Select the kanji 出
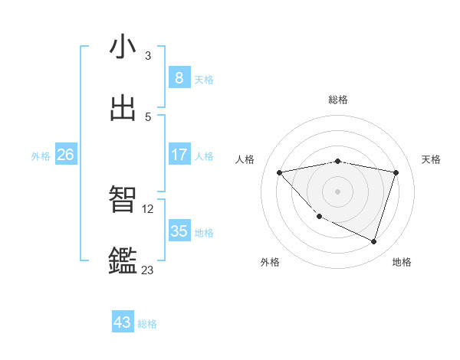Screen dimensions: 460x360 pos(123,108)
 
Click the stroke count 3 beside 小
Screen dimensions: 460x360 pos(148,55)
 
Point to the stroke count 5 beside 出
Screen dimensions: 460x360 pos(148,116)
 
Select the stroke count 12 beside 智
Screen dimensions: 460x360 pos(149,208)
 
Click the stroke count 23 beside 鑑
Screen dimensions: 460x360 pos(147,269)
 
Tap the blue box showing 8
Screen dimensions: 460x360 pos(179,77)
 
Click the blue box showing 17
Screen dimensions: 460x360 pos(179,155)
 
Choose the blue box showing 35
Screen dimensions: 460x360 pos(179,231)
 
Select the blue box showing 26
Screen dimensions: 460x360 pos(65,155)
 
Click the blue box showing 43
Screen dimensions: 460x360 pos(123,322)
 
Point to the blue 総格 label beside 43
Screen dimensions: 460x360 pos(147,324)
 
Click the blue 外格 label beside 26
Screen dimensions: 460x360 pos(41,156)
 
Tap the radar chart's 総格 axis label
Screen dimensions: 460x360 pos(338,100)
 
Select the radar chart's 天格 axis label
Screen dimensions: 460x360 pos(431,159)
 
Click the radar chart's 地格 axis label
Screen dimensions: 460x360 pos(402,262)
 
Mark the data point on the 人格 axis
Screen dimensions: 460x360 pos(279,172)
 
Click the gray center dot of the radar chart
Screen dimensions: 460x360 pos(338,191)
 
